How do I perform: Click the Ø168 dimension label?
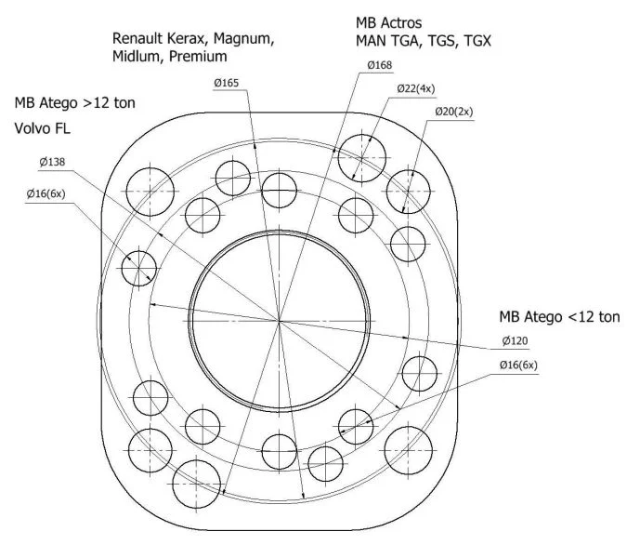(380, 65)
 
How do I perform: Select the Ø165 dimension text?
(226, 83)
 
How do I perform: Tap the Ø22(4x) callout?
(416, 88)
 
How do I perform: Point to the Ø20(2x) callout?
(454, 112)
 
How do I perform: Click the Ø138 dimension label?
(52, 162)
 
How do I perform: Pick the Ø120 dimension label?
(515, 340)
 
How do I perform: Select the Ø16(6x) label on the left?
(46, 193)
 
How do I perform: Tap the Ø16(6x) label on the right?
(518, 365)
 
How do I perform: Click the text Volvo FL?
(43, 128)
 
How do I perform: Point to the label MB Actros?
(388, 23)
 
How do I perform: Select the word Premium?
(198, 56)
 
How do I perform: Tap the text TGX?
(477, 41)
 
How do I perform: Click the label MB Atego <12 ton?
(559, 316)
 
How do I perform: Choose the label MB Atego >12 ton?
(75, 103)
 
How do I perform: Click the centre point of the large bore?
(279, 321)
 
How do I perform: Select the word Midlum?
(136, 56)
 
